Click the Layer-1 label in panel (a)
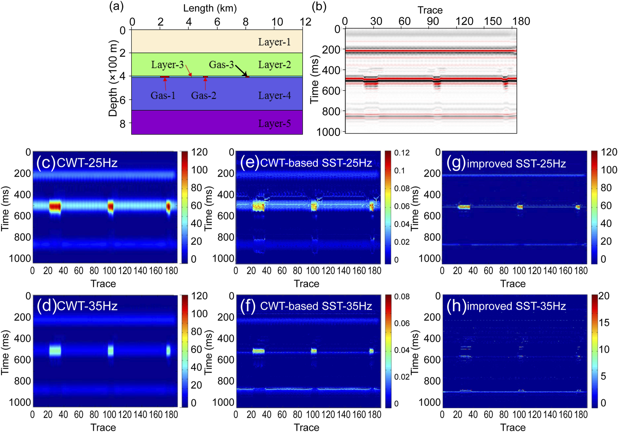pyautogui.click(x=274, y=42)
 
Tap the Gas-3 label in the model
pyautogui.click(x=221, y=65)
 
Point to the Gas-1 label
pyautogui.click(x=163, y=95)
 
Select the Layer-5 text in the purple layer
pyautogui.click(x=274, y=124)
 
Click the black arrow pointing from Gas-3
pyautogui.click(x=241, y=70)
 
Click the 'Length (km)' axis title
pyautogui.click(x=210, y=8)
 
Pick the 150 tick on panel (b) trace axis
pyautogui.click(x=493, y=21)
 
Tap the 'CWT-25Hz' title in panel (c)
pyautogui.click(x=87, y=163)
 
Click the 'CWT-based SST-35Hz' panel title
pyautogui.click(x=316, y=306)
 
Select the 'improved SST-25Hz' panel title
pyautogui.click(x=516, y=164)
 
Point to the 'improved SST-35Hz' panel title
pyautogui.click(x=516, y=306)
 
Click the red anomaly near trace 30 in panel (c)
pyautogui.click(x=55, y=206)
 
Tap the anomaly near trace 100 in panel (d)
pyautogui.click(x=111, y=351)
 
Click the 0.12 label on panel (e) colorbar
pyautogui.click(x=402, y=153)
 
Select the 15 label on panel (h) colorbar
pyautogui.click(x=604, y=323)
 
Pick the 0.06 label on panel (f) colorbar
pyautogui.click(x=402, y=323)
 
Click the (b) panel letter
pyautogui.click(x=319, y=6)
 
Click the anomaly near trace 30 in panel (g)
pyautogui.click(x=464, y=207)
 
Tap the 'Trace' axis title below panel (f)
pyautogui.click(x=307, y=427)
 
